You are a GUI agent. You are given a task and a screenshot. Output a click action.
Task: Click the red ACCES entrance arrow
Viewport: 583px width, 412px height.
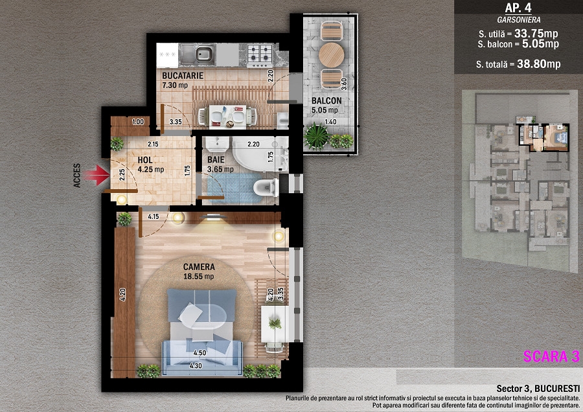[97, 175]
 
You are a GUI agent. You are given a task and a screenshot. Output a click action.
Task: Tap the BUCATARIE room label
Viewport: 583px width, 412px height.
[183, 76]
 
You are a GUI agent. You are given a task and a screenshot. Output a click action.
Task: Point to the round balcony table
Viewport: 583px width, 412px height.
[331, 55]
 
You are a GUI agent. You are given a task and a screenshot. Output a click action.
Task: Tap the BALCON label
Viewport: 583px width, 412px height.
[326, 101]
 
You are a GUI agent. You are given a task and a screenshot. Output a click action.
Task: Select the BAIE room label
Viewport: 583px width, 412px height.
[216, 160]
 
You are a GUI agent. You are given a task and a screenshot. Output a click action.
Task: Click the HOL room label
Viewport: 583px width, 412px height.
[145, 160]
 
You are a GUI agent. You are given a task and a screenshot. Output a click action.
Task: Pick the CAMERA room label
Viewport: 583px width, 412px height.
[199, 267]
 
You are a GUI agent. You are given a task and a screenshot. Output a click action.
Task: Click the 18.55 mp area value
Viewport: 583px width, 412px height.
[199, 277]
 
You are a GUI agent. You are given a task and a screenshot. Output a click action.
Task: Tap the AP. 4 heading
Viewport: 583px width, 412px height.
[519, 8]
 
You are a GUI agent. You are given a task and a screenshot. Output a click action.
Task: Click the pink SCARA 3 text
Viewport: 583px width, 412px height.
[551, 356]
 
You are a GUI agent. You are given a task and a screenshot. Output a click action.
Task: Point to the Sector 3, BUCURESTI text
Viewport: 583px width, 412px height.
[538, 389]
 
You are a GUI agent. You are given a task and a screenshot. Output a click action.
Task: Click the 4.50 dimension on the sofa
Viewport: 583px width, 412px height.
[200, 352]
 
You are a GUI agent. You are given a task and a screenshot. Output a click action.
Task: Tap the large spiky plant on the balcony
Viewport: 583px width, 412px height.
[317, 136]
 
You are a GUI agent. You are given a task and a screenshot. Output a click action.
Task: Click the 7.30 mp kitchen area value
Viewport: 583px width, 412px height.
[175, 85]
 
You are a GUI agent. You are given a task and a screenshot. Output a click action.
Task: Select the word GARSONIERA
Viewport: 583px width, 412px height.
[519, 20]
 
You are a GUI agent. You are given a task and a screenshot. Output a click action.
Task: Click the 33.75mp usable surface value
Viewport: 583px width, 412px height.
[536, 34]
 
